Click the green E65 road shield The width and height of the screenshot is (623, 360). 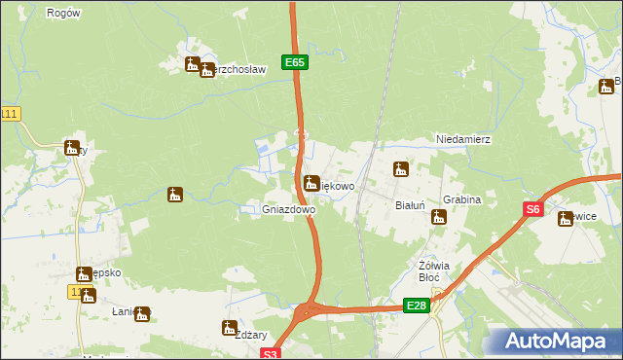pos(296,62)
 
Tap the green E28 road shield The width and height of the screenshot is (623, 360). pos(417,306)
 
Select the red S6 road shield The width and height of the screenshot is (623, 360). pos(532,209)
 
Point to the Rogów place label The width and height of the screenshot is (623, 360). pos(63,13)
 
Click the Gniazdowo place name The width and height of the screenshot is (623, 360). pos(288,209)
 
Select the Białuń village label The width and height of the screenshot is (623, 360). pos(410,205)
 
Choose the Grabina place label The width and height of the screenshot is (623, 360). pos(462,199)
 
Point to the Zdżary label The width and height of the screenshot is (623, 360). pos(250,334)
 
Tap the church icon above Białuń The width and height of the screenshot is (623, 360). pos(399,170)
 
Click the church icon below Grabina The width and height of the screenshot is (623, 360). pos(439,217)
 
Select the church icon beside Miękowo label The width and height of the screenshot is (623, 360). pos(311,182)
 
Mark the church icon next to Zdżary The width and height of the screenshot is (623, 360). pos(229,327)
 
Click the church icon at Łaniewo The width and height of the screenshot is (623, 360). pos(142,313)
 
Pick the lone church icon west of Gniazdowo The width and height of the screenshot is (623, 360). pos(175,195)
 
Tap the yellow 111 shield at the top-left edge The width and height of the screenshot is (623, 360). pos(10,114)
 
